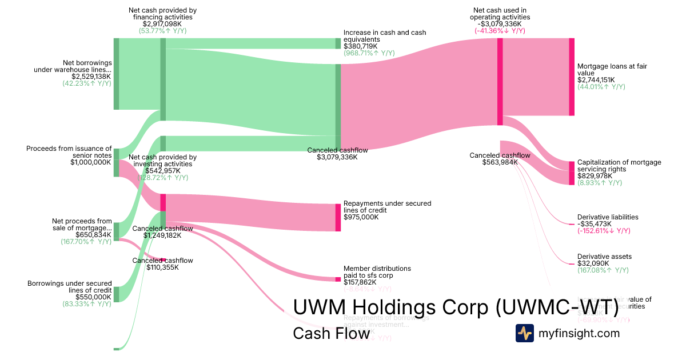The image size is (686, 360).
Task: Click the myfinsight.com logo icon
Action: tap(524, 333)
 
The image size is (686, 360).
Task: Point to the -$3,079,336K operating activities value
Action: tap(500, 24)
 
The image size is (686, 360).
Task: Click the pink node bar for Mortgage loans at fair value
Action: tap(571, 77)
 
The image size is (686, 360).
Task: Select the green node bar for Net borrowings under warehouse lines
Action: tap(116, 74)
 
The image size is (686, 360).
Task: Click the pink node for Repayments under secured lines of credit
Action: tap(338, 217)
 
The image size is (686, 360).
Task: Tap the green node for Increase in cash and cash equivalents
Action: tap(338, 43)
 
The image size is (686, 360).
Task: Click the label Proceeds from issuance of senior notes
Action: tap(69, 152)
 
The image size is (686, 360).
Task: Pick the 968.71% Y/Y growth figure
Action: tap(369, 53)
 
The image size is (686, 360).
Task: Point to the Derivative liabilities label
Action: tap(608, 217)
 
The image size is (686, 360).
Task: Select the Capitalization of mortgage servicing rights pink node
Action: tap(571, 173)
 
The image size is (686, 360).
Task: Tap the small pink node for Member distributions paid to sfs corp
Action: tap(338, 279)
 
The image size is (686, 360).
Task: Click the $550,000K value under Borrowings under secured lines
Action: tap(86, 297)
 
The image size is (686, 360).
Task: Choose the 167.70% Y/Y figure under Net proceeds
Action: tap(86, 242)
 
